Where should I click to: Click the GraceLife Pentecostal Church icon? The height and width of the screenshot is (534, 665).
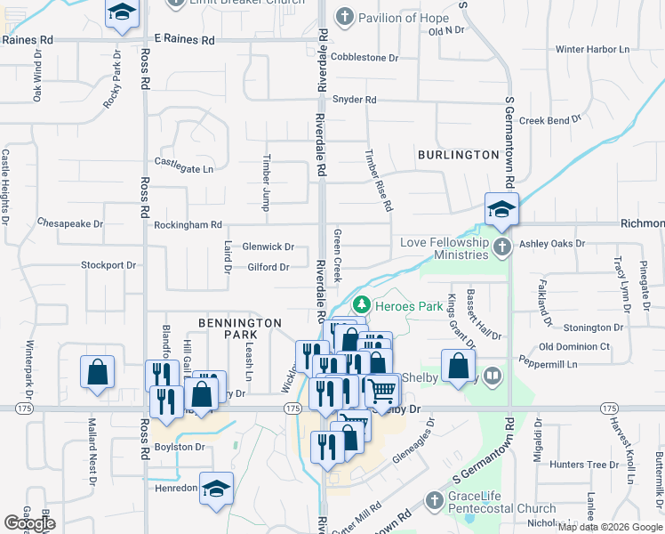point(435,502)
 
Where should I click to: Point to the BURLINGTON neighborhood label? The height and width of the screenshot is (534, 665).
point(459,155)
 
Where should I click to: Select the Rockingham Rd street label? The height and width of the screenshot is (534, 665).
point(188,226)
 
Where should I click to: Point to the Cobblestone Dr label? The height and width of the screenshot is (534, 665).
point(365,57)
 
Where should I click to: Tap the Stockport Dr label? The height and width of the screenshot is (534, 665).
point(108,264)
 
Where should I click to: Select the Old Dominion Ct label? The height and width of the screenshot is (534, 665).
point(574,346)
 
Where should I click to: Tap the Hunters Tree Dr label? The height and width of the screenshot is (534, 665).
point(583,465)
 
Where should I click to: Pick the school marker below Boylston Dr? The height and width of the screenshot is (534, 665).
point(216,489)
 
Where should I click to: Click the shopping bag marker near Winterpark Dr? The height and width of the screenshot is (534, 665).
point(97,373)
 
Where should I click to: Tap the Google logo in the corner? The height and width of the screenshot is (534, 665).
point(29,523)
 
